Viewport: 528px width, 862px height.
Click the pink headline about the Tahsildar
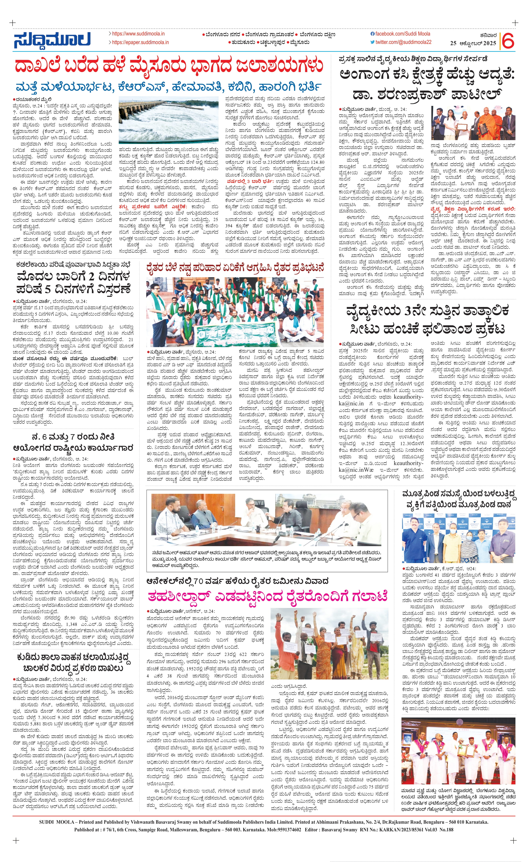coord(268,595)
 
